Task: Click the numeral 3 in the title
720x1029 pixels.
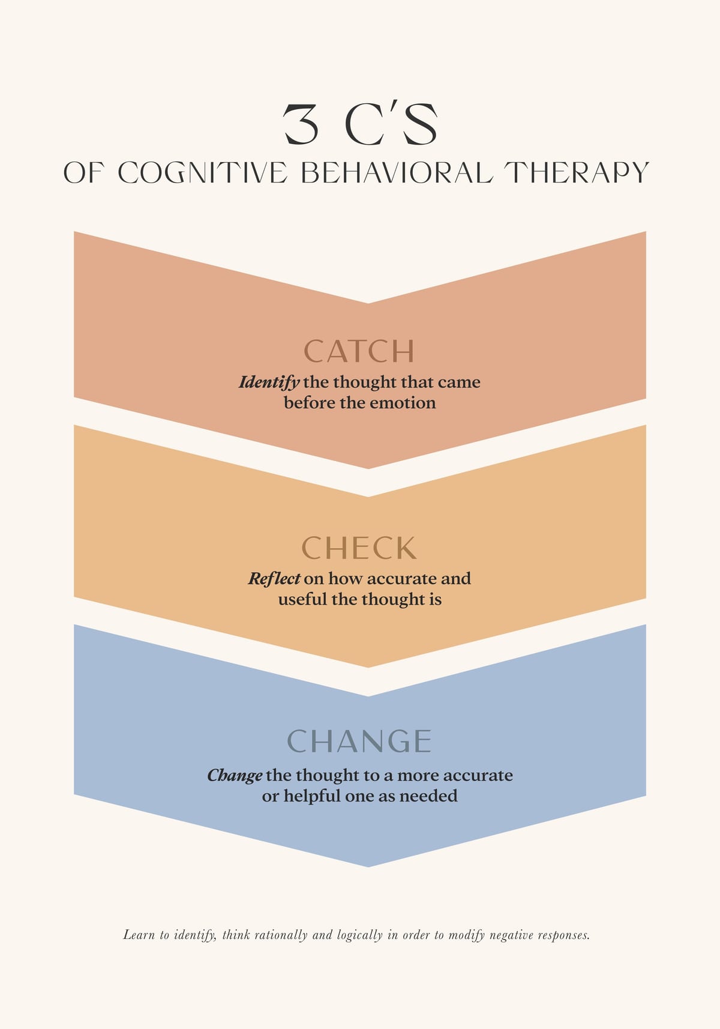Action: coord(301,124)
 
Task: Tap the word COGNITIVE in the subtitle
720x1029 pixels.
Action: coord(203,173)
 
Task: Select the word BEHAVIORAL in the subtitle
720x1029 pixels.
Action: coord(397,173)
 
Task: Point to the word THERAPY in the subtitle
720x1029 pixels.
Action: coord(576,173)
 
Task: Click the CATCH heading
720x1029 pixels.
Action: coord(359,351)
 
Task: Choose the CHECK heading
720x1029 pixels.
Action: coord(359,548)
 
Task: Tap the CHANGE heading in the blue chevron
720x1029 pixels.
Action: coord(359,741)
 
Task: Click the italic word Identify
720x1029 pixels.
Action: coord(269,382)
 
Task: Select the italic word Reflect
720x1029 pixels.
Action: coord(274,578)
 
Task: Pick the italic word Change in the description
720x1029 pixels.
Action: coord(235,776)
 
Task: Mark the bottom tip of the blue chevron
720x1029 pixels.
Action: coord(368,867)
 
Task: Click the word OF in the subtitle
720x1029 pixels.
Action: coord(82,173)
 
